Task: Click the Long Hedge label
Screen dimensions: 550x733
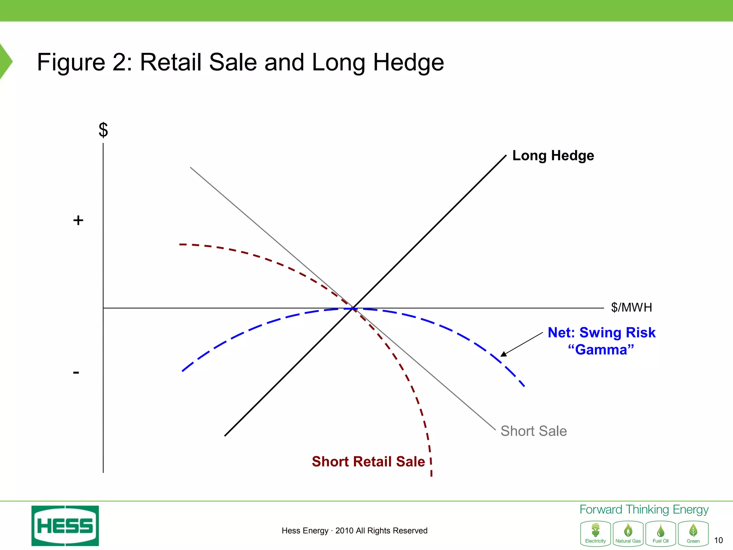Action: pos(553,155)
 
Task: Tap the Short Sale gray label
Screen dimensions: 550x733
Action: pos(533,431)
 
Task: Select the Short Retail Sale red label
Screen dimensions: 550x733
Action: pos(368,461)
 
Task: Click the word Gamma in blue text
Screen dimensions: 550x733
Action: pos(601,349)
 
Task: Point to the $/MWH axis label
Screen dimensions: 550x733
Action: pos(631,307)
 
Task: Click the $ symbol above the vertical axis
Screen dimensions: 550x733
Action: pos(103,130)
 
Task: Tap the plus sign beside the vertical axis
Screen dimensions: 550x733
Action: pos(78,220)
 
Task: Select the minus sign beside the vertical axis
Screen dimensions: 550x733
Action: pos(76,372)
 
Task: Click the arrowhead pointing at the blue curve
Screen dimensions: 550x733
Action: pos(504,354)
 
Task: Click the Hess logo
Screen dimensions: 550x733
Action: pos(65,526)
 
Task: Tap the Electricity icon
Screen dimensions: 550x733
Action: pos(596,533)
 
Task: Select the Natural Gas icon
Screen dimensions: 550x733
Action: pos(628,533)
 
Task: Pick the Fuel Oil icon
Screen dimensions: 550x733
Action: pos(661,533)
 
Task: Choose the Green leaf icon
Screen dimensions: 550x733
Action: pos(693,533)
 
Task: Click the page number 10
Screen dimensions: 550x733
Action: pos(718,540)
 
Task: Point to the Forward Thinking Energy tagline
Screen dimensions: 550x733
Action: pos(644,510)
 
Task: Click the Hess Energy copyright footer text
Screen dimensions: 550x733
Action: pos(354,531)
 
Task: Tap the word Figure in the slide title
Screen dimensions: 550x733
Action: pos(71,62)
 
